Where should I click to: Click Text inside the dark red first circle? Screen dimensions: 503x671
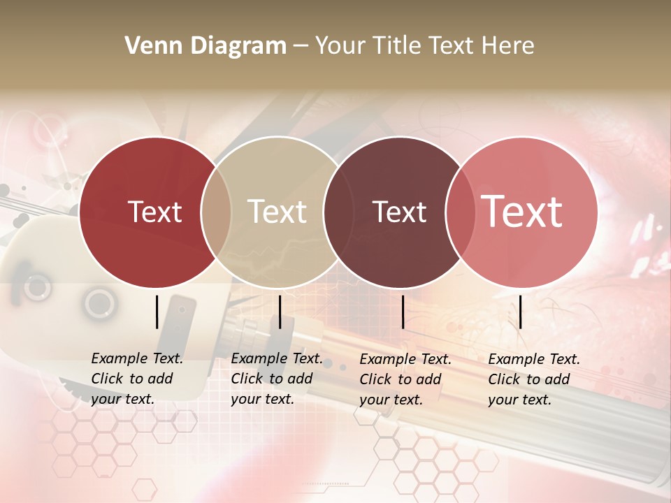pyautogui.click(x=154, y=212)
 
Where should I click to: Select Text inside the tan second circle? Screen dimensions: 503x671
pyautogui.click(x=277, y=212)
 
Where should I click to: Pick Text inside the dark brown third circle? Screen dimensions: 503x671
pyautogui.click(x=400, y=212)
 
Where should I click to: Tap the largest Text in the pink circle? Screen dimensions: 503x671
pyautogui.click(x=522, y=212)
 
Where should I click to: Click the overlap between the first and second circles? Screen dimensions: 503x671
pyautogui.click(x=216, y=212)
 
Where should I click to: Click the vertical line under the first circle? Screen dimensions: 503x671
pyautogui.click(x=157, y=312)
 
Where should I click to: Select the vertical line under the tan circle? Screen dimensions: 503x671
pyautogui.click(x=280, y=312)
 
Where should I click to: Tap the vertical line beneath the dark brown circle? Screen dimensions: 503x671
pyautogui.click(x=403, y=312)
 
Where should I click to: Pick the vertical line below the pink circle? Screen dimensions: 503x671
pyautogui.click(x=521, y=312)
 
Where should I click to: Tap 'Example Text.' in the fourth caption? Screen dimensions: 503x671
pyautogui.click(x=534, y=359)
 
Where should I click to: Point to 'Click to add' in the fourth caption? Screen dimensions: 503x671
pyautogui.click(x=529, y=379)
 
